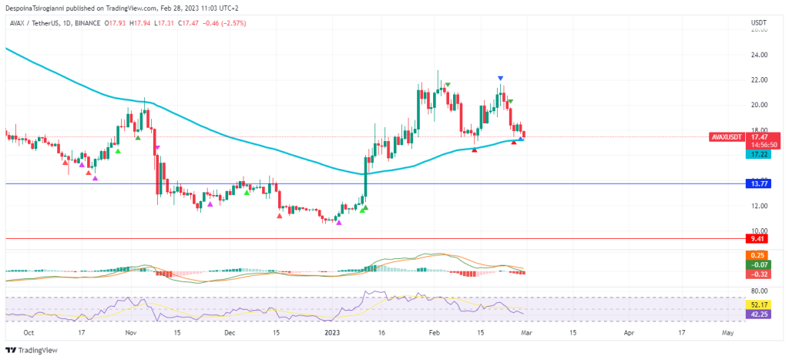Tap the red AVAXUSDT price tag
point(727,136)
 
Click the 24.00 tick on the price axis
point(759,55)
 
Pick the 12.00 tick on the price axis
point(759,206)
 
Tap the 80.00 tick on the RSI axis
point(759,291)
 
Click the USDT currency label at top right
point(758,23)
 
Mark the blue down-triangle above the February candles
point(501,79)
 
